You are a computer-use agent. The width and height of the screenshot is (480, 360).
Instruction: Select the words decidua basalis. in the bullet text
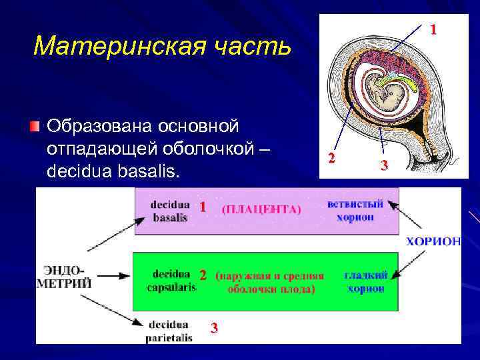pos(113,171)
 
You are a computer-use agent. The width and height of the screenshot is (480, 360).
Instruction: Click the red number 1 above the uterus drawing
pos(433,29)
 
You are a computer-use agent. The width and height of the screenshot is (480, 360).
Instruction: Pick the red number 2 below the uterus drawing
pos(331,158)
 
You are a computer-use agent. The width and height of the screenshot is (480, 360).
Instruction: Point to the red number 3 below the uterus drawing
pos(384,165)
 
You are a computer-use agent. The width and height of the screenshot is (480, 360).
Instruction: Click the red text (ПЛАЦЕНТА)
pos(261,209)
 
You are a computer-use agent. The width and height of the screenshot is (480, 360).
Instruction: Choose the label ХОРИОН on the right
pos(433,241)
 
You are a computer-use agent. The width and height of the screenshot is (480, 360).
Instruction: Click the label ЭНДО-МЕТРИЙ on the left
pos(65,277)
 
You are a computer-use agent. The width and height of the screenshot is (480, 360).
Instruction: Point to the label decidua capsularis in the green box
pos(171,281)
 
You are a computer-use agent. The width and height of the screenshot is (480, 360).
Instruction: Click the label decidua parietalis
pos(169,331)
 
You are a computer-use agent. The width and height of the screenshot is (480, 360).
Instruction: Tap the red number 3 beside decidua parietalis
pos(213,327)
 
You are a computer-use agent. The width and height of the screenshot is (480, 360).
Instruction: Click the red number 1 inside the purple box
pos(202,207)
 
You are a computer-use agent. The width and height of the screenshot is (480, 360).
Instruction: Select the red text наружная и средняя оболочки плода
pos(270,283)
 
